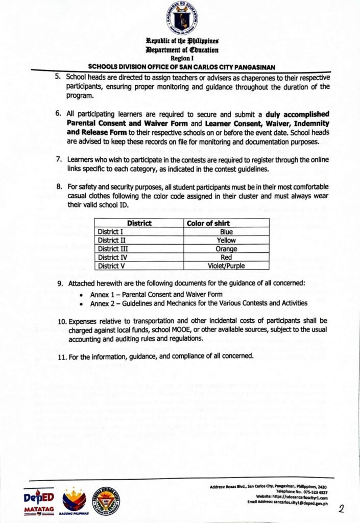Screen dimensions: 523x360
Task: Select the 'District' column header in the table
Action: pos(139,223)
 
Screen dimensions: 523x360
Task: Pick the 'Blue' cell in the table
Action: pos(226,232)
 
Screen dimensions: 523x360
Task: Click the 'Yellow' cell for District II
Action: pos(226,240)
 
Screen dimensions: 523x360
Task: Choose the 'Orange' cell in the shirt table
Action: pos(226,249)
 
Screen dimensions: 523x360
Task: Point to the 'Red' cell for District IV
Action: pos(226,257)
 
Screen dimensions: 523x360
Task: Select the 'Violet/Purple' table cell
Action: pos(226,266)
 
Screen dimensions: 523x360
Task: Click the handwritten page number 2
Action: pos(343,508)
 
